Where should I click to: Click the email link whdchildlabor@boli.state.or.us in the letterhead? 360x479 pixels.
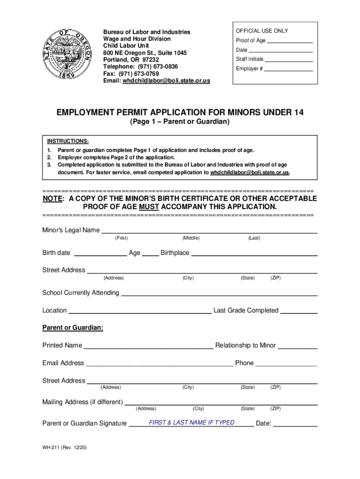166,81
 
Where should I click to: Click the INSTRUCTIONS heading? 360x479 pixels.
68,141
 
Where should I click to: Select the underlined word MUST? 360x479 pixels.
149,206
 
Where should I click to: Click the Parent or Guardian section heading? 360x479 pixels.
73,328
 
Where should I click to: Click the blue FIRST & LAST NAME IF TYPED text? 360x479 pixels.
192,422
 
